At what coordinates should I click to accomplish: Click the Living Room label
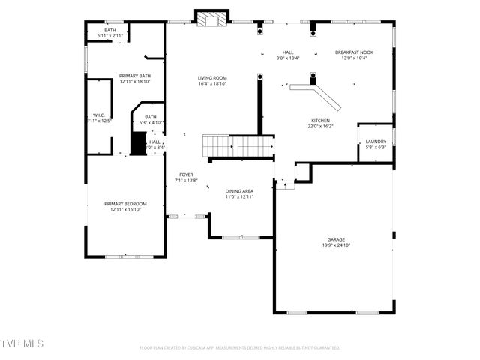tap(212, 78)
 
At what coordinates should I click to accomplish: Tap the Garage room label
tap(335, 239)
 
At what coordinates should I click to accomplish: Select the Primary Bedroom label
tap(125, 204)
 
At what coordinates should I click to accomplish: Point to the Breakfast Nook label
tap(354, 52)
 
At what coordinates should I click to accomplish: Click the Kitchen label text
tap(320, 121)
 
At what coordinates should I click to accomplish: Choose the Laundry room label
tap(376, 142)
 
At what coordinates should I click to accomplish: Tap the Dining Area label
tap(239, 191)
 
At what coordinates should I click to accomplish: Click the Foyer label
tap(185, 175)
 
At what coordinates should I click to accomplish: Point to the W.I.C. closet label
tap(97, 115)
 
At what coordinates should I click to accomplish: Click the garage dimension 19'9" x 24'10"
tap(335, 245)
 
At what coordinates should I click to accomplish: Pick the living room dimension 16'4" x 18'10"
tap(212, 84)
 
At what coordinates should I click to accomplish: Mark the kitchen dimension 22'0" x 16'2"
tap(320, 127)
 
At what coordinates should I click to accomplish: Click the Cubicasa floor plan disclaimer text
tap(240, 348)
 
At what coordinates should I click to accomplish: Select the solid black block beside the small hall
tap(138, 142)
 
